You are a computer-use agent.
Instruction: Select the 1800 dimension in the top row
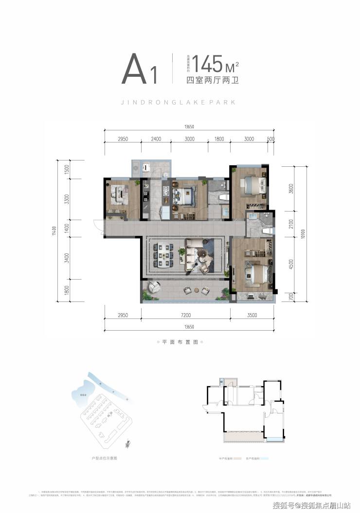click(x=219, y=139)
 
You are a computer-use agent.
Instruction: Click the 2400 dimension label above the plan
click(x=156, y=139)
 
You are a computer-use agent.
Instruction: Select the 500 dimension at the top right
click(x=271, y=139)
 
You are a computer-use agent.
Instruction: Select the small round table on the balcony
click(x=188, y=290)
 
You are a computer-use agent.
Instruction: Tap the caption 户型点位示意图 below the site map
click(x=105, y=458)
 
